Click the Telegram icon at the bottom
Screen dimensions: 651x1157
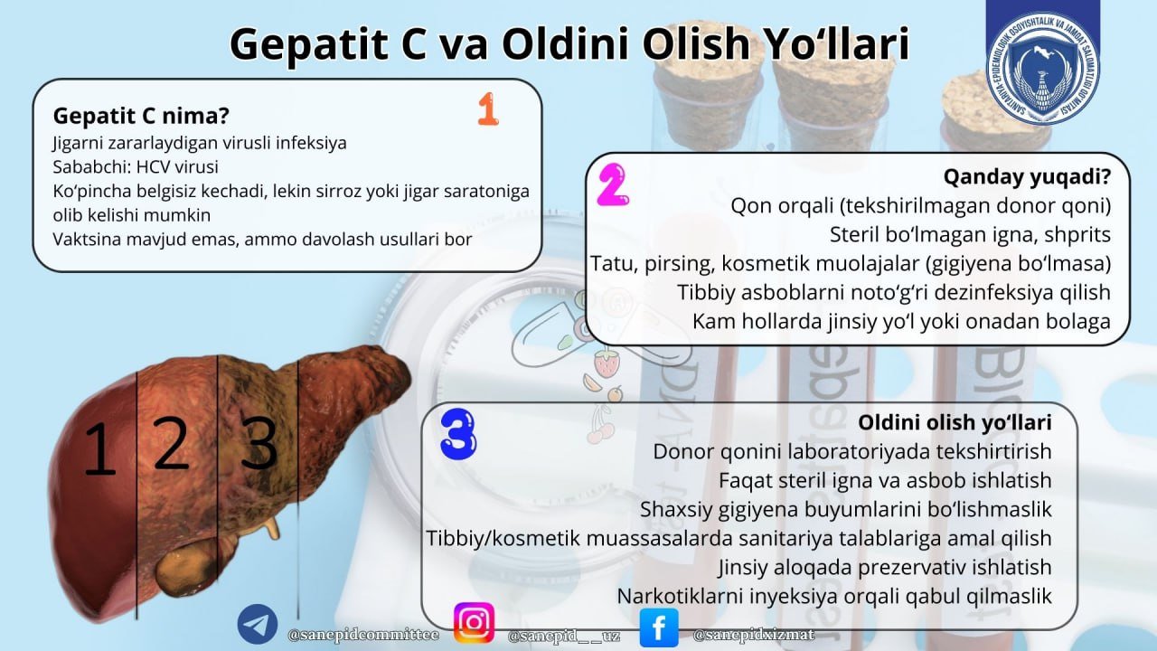[x=258, y=625]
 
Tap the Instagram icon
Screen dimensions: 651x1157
[x=474, y=623]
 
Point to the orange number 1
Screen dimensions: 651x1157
[x=488, y=109]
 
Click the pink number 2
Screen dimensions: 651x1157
[x=613, y=186]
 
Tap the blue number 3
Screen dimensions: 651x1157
[x=458, y=435]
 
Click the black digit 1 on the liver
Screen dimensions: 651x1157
[x=99, y=449]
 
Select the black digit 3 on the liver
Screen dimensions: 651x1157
[x=259, y=443]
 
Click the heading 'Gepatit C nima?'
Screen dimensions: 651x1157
[x=141, y=116]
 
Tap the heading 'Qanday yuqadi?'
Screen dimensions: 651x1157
[x=1027, y=175]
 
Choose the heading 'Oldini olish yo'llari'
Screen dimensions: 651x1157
[x=955, y=422]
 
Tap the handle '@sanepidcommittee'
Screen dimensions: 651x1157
[x=363, y=635]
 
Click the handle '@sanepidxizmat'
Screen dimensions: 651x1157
[x=754, y=635]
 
